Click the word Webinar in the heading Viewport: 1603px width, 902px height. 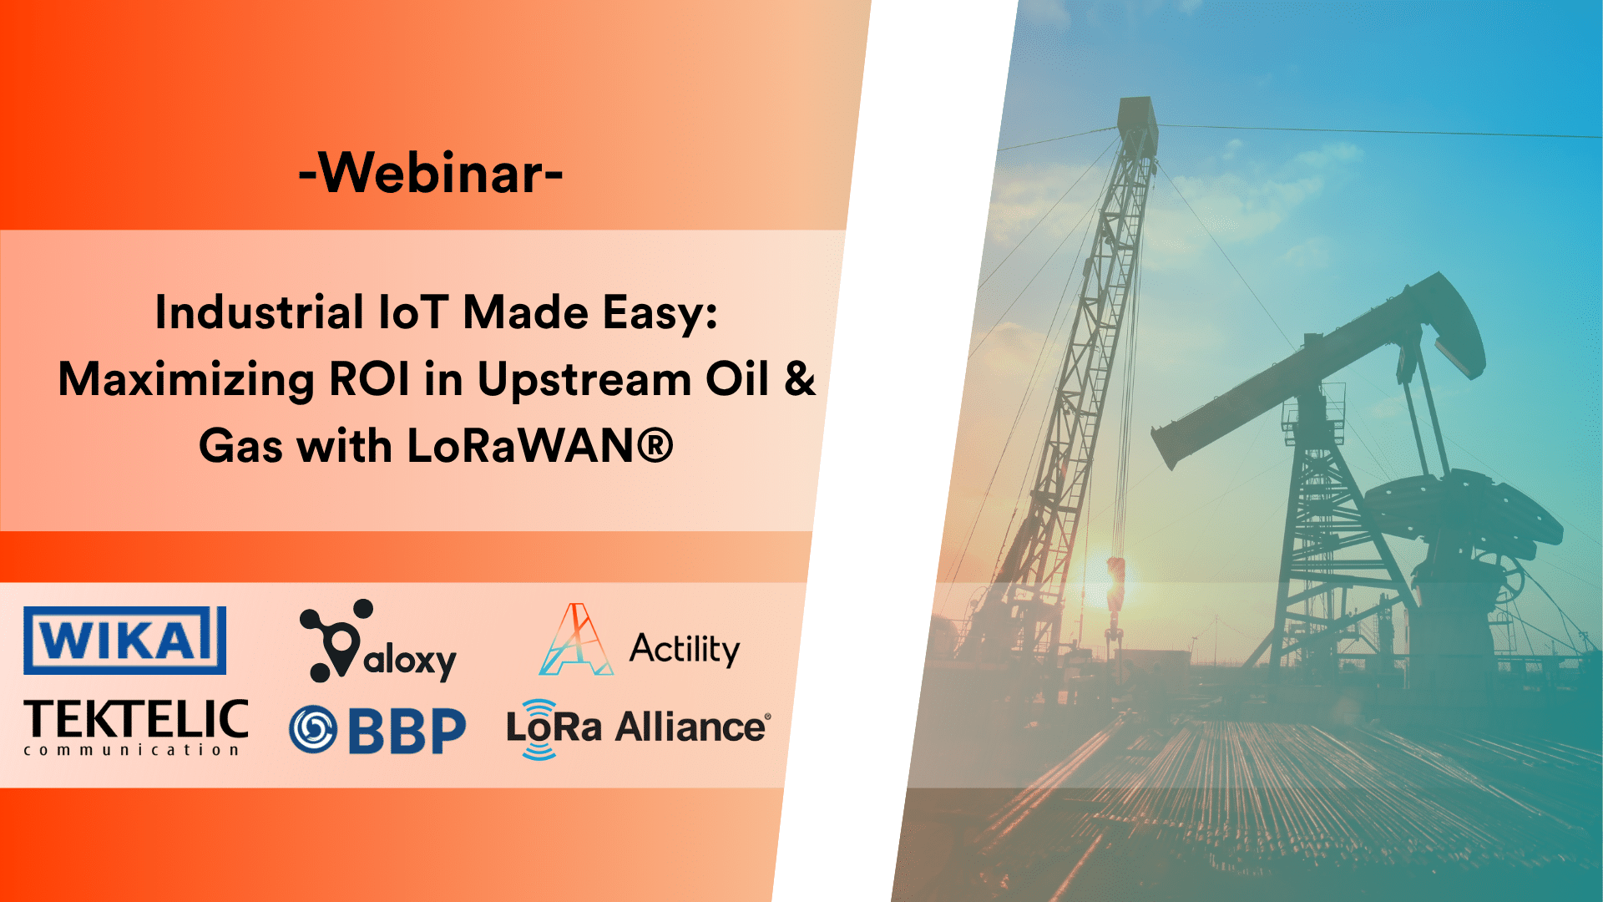[x=431, y=173]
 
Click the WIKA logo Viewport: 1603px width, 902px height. [x=125, y=640]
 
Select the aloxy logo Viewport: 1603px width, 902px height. [x=377, y=641]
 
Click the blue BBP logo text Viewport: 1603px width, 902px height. [x=407, y=731]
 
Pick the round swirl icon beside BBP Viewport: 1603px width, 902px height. [x=313, y=729]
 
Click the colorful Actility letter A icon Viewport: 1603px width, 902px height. [x=576, y=641]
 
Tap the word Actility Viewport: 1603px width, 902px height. [x=685, y=649]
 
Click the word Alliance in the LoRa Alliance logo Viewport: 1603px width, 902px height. [x=691, y=727]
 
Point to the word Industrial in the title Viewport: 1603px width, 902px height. [x=260, y=313]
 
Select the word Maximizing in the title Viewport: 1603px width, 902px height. [x=186, y=380]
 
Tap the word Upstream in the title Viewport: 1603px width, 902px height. [x=584, y=380]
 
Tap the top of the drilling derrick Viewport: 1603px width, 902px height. [x=1137, y=113]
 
